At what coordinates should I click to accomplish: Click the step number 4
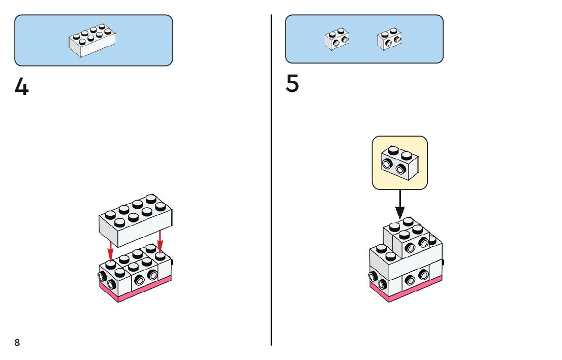point(22,87)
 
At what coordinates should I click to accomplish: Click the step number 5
point(292,84)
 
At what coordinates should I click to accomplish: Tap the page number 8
point(17,343)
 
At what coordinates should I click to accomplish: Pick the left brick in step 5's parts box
point(336,39)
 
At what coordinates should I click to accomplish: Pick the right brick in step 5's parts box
point(389,39)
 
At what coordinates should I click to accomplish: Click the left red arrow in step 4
point(110,249)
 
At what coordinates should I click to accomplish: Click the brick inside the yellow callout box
point(400,162)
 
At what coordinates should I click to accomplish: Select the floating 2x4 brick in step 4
point(136,219)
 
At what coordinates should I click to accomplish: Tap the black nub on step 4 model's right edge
point(173,262)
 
